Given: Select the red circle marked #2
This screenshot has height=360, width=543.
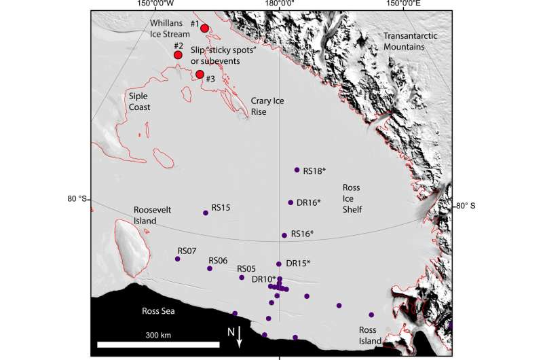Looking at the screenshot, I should (178, 54).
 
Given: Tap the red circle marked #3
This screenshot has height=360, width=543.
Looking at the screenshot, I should (200, 74).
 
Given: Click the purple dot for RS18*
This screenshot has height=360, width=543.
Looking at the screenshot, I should (297, 170).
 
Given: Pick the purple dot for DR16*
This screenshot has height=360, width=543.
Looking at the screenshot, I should (291, 202).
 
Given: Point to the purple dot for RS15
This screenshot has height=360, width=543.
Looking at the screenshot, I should (206, 213).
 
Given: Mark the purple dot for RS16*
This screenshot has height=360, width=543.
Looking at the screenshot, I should (284, 235).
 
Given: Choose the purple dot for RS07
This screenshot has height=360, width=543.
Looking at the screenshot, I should (178, 259).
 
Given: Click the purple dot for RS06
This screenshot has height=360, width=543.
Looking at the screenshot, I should (210, 268).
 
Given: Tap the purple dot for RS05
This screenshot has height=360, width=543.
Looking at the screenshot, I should (241, 277).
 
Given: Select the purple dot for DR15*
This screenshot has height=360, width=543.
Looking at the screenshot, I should (279, 264).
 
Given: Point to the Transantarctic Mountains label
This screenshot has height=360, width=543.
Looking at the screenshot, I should (411, 41).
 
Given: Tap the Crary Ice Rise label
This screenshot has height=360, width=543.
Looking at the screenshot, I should (266, 105).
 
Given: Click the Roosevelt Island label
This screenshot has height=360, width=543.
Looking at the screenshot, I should (155, 215).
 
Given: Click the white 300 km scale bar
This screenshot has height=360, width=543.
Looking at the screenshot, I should (161, 344).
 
